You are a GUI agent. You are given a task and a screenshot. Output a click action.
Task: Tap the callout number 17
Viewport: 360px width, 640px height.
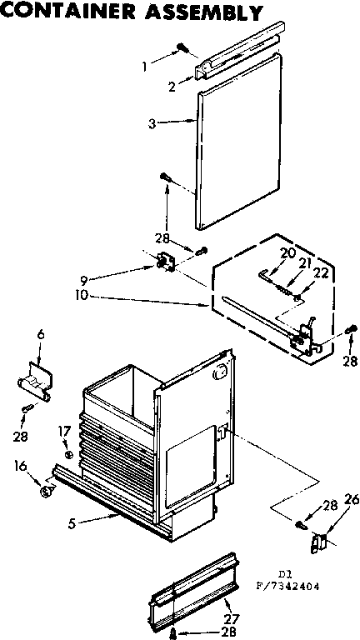(63, 430)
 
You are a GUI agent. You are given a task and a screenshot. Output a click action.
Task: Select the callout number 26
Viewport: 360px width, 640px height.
(351, 500)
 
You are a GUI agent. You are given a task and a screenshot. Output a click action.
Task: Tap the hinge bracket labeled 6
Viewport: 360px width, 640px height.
(34, 381)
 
